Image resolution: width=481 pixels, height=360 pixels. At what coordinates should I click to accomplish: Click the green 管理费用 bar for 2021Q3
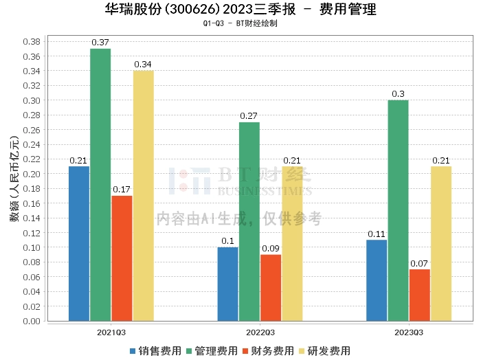(x=100, y=184)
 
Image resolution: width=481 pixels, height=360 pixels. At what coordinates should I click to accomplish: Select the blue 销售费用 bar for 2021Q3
(x=79, y=243)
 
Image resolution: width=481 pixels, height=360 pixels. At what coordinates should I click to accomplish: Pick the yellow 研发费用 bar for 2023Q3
(x=440, y=243)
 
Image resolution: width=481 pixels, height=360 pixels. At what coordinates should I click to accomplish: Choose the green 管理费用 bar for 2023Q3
(x=398, y=210)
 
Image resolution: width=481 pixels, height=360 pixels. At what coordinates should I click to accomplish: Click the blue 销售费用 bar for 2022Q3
(x=228, y=284)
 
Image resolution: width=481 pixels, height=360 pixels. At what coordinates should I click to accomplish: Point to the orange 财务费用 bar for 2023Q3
(x=419, y=295)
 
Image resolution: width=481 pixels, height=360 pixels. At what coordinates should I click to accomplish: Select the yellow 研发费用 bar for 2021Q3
(x=143, y=195)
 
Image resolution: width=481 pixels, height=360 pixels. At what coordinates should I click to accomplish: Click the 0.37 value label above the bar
(x=100, y=43)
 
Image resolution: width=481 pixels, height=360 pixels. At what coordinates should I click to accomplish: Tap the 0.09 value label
(x=271, y=248)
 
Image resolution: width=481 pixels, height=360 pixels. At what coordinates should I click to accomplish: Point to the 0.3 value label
(x=398, y=94)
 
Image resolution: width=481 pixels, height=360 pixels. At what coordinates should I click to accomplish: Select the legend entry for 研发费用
(x=324, y=350)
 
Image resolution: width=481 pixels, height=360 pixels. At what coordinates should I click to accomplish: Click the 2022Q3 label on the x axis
(x=260, y=332)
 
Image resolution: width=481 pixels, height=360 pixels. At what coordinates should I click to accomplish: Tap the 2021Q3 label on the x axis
(x=111, y=332)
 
